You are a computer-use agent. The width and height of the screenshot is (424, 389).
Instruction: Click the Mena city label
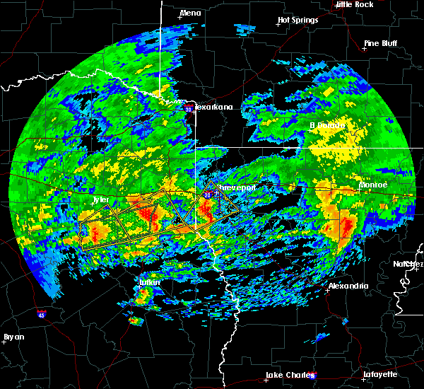(x=191, y=13)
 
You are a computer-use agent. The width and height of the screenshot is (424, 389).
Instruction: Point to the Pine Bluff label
(x=380, y=43)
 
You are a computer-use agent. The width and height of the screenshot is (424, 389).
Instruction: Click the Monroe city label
(x=373, y=185)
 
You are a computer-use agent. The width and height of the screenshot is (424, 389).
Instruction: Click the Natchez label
(x=408, y=264)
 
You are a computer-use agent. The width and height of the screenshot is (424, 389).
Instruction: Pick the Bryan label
(x=13, y=337)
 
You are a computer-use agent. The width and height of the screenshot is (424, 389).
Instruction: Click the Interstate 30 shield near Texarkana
(x=189, y=110)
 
